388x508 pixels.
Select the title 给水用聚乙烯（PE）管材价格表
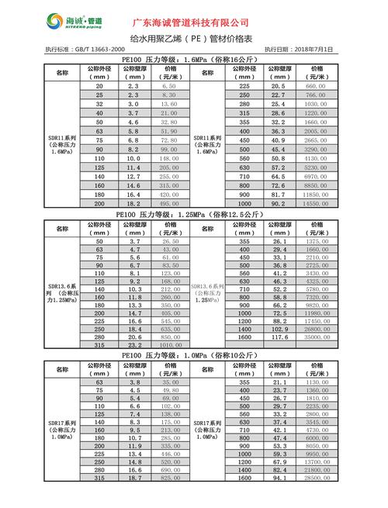[x=193, y=38]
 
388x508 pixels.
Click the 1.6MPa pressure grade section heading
[x=193, y=59]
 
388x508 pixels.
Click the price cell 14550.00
[x=316, y=203]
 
